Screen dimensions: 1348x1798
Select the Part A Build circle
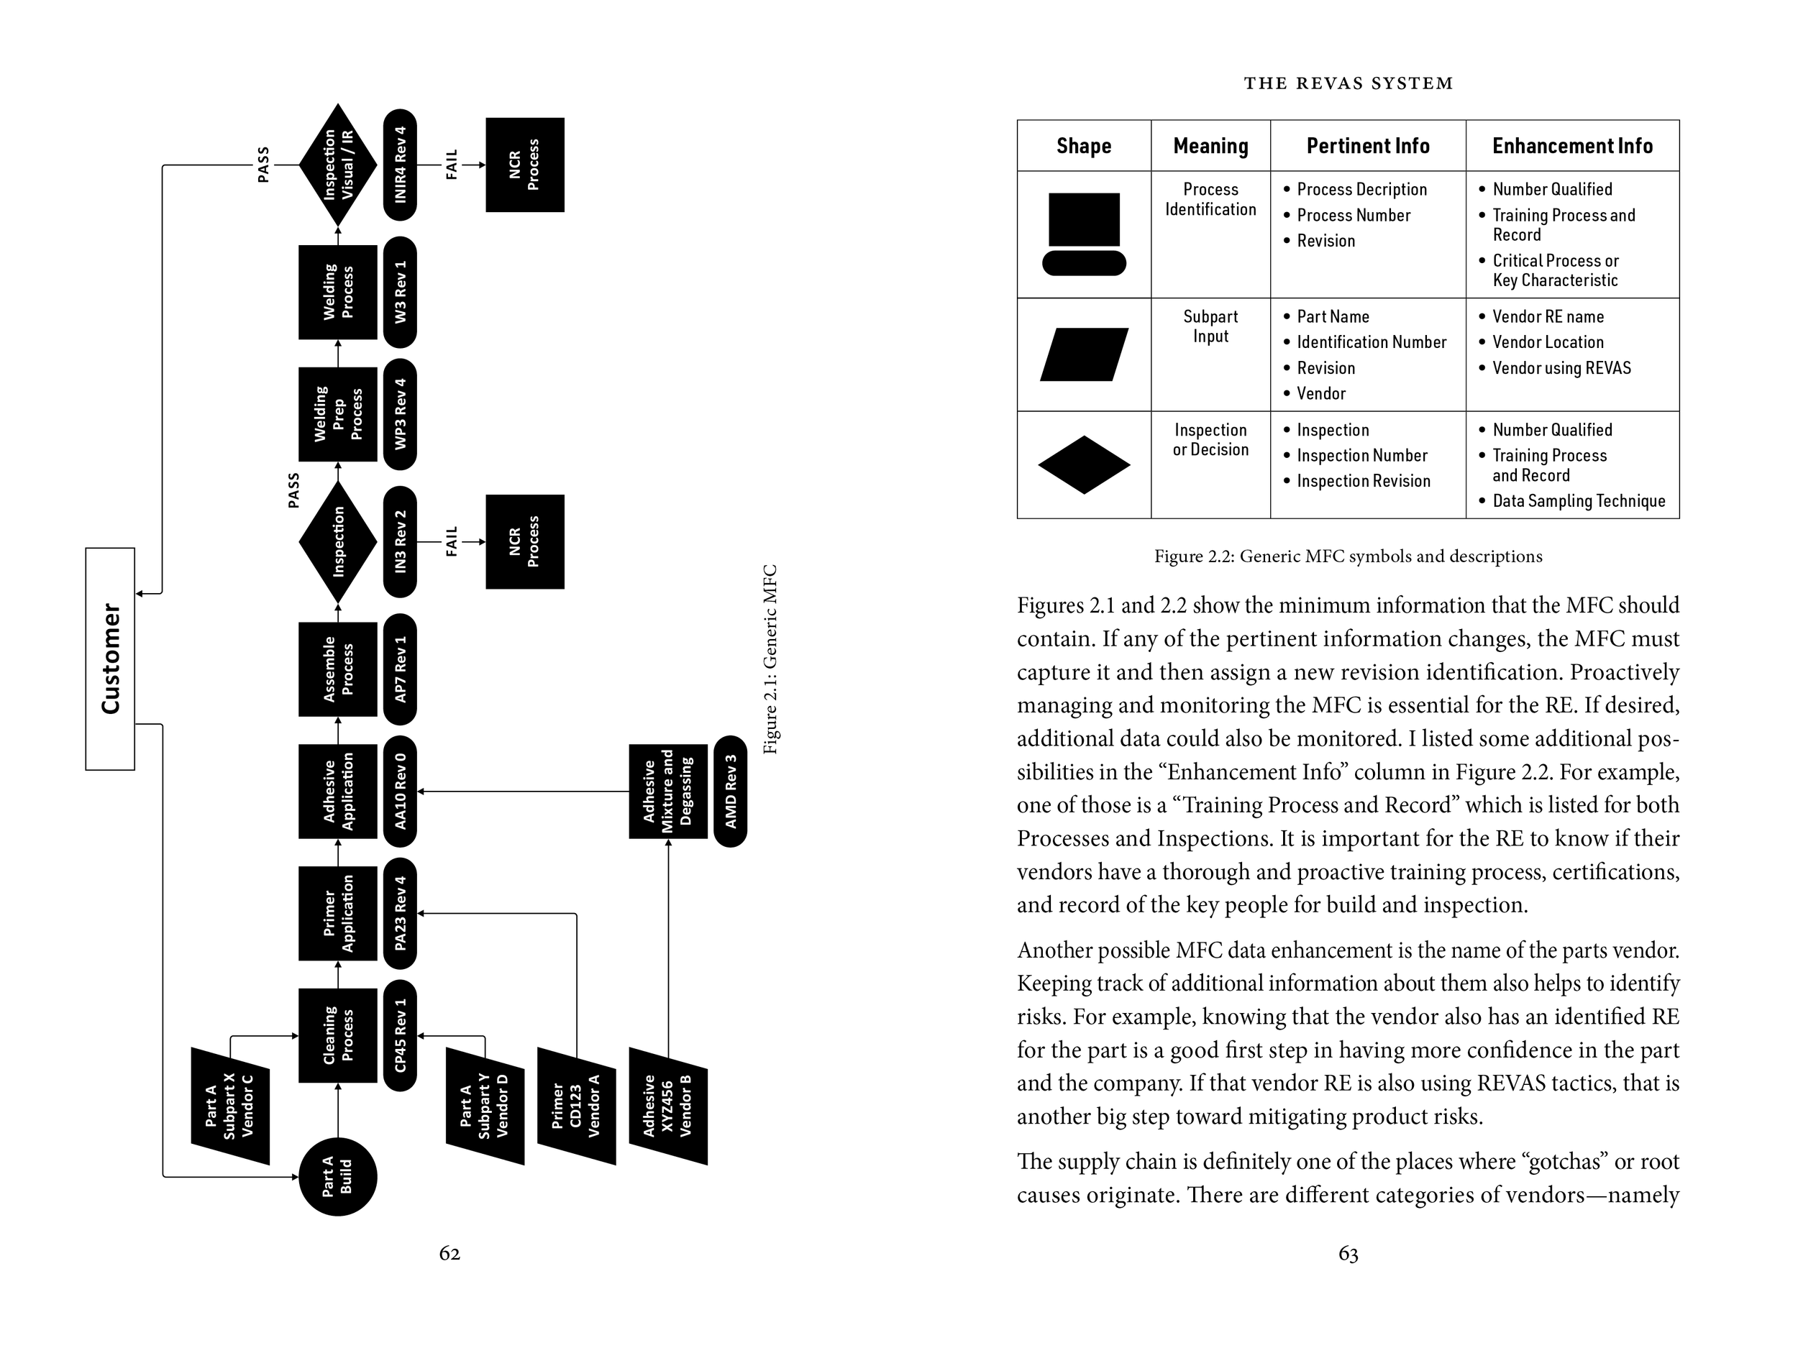(x=337, y=1177)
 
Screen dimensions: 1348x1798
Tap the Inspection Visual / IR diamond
(x=337, y=165)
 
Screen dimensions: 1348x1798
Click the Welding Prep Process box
(x=337, y=414)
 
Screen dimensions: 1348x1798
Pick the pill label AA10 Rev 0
(x=400, y=792)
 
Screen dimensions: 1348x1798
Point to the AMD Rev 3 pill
(x=730, y=792)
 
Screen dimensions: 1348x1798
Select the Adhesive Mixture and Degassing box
(x=668, y=792)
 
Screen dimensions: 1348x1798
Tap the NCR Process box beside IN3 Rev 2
(x=524, y=542)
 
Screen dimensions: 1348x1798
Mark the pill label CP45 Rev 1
(x=400, y=1036)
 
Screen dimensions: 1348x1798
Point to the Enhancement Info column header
(x=1572, y=146)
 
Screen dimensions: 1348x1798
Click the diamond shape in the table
(x=1084, y=464)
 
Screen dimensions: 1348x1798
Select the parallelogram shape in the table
(x=1084, y=354)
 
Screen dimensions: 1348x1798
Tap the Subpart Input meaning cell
(x=1210, y=326)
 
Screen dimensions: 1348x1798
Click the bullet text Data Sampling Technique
(x=1579, y=501)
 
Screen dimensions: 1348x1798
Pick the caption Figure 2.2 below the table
(x=1348, y=556)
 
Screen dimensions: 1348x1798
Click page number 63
(x=1348, y=1254)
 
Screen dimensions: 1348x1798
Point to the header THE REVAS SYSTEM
(x=1348, y=83)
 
